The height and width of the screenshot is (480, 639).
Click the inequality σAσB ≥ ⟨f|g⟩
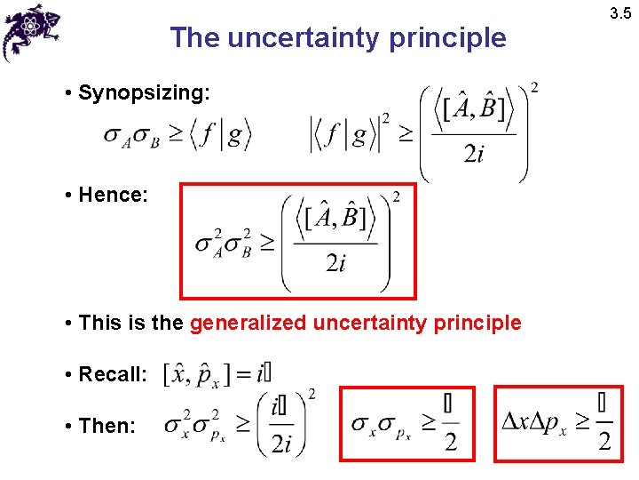click(177, 135)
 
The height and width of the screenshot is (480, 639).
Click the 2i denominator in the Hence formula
click(335, 264)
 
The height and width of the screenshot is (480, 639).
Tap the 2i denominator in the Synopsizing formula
click(474, 155)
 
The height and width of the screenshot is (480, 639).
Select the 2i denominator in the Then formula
click(281, 443)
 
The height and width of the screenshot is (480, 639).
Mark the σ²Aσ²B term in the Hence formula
click(223, 243)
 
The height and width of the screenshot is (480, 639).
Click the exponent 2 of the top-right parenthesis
click(533, 87)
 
